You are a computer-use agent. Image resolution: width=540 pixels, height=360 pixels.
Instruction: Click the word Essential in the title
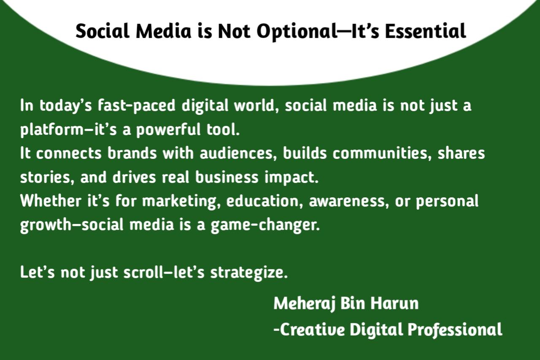[425, 31]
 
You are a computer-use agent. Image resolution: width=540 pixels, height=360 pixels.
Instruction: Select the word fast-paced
[137, 106]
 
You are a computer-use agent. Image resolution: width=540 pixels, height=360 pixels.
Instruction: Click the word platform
[51, 130]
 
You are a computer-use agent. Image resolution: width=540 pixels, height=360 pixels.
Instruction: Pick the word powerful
[168, 130]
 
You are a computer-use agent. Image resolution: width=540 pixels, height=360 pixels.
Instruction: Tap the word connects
[69, 153]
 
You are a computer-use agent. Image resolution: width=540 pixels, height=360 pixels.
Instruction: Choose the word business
[227, 177]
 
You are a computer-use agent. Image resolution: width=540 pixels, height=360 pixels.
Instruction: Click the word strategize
[249, 273]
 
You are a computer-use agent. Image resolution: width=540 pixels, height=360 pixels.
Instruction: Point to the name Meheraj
[305, 304]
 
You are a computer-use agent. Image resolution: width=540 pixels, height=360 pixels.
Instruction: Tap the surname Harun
[394, 303]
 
